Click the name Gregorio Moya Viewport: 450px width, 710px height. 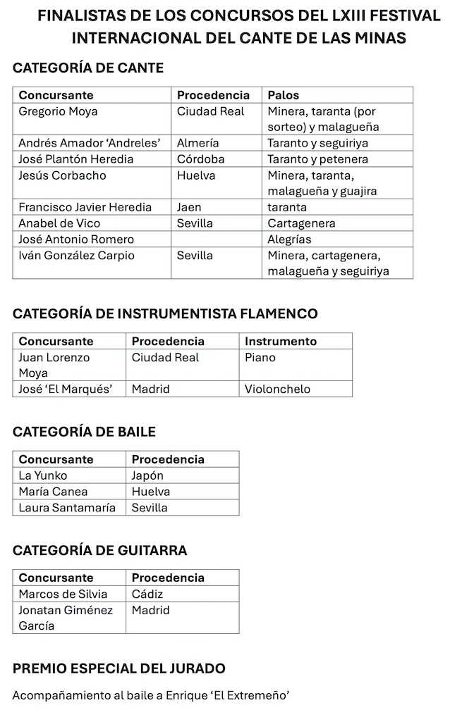[x=58, y=111]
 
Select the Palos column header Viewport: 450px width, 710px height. [x=283, y=95]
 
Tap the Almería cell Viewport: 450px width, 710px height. [x=197, y=143]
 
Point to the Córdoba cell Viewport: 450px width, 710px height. [x=200, y=159]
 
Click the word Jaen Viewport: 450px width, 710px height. [x=188, y=207]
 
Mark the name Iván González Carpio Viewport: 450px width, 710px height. [x=76, y=256]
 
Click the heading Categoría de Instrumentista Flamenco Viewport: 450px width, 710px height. [x=165, y=313]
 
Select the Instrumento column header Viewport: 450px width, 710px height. [x=281, y=341]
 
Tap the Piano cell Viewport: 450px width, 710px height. [x=260, y=357]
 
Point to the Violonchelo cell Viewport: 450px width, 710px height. [x=277, y=389]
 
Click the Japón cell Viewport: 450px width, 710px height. [x=147, y=475]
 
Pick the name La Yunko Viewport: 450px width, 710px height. [x=43, y=475]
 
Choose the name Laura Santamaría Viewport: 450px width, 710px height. [x=67, y=507]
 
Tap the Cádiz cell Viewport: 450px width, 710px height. [x=147, y=594]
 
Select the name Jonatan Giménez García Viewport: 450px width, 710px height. [x=66, y=618]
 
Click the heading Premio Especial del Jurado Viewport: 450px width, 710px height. [x=119, y=668]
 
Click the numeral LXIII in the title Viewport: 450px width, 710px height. [x=314, y=15]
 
